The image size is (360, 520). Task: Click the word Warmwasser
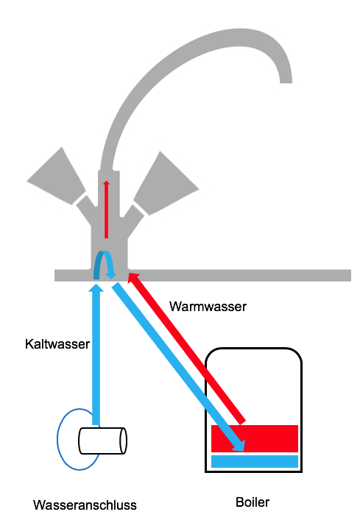click(208, 307)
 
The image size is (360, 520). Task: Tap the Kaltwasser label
click(57, 344)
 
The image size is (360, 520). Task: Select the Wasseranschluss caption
click(85, 505)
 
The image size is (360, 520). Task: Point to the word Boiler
click(253, 502)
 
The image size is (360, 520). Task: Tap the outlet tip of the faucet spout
click(286, 81)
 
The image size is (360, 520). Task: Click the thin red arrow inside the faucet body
click(106, 210)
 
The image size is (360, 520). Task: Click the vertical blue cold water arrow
click(96, 354)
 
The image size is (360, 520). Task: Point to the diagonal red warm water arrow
click(186, 348)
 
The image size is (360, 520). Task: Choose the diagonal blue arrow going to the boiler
click(178, 367)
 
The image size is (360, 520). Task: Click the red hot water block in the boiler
click(255, 438)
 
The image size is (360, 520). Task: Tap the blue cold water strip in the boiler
click(255, 461)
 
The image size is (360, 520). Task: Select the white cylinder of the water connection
click(102, 441)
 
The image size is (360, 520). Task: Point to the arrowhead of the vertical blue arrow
click(96, 287)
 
